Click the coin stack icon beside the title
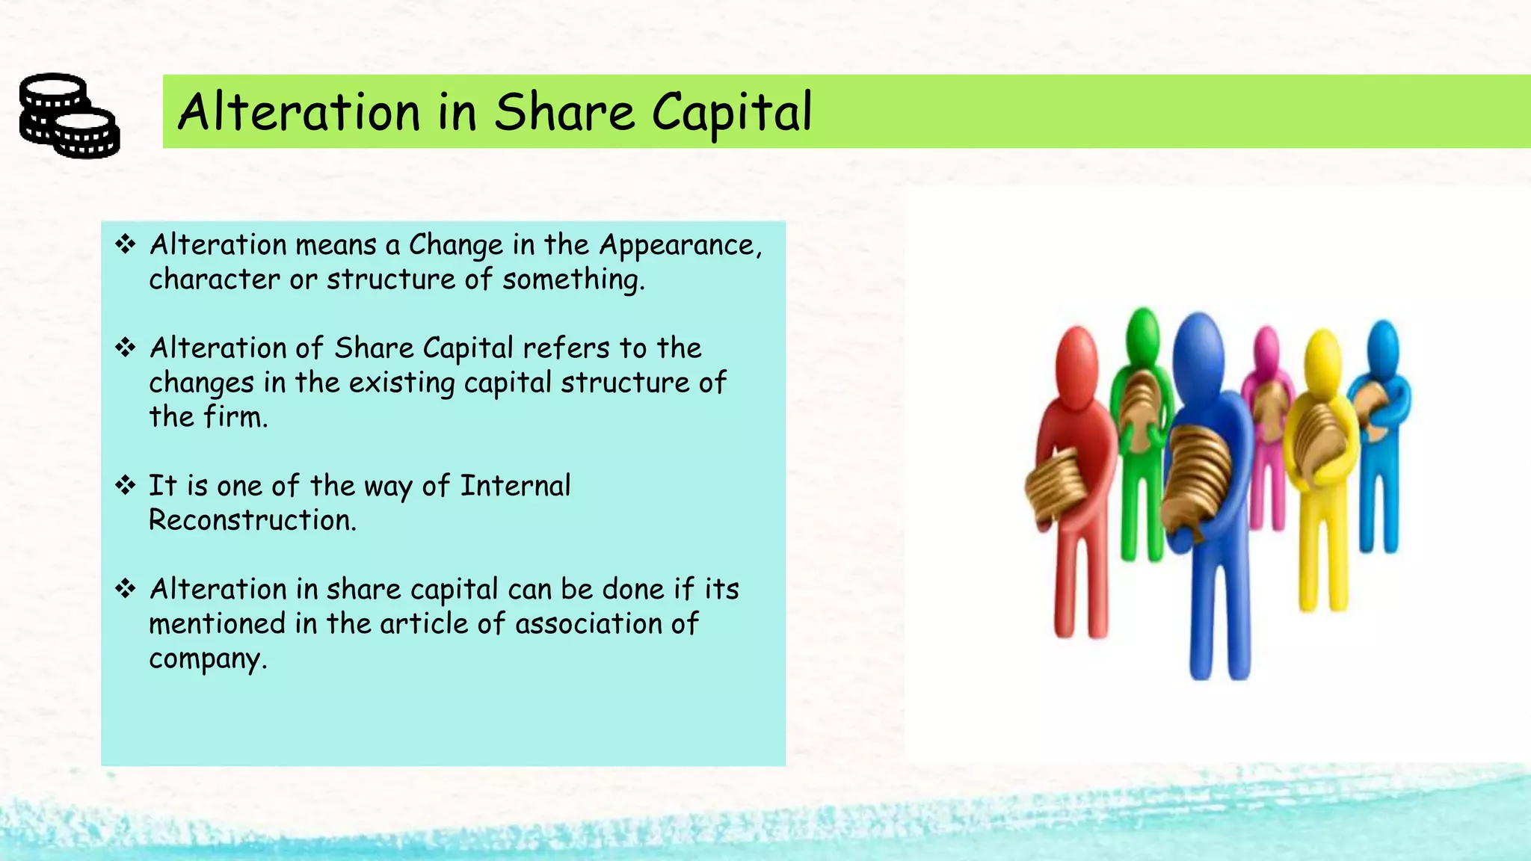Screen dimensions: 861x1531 click(x=70, y=115)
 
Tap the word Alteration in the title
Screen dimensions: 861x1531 click(x=299, y=113)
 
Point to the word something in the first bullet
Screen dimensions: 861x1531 click(x=572, y=280)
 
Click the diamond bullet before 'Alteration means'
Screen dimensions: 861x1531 click(x=125, y=244)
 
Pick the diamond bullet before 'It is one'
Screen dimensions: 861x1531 click(x=125, y=485)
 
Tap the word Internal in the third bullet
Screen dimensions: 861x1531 click(x=515, y=486)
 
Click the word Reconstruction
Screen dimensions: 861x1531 click(x=252, y=520)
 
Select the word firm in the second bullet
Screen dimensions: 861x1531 click(x=235, y=417)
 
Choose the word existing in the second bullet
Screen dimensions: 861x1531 click(x=401, y=383)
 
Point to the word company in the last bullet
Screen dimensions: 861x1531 click(x=206, y=659)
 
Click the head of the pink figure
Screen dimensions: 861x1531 click(x=1266, y=348)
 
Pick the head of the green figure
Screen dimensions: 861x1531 click(x=1142, y=333)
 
